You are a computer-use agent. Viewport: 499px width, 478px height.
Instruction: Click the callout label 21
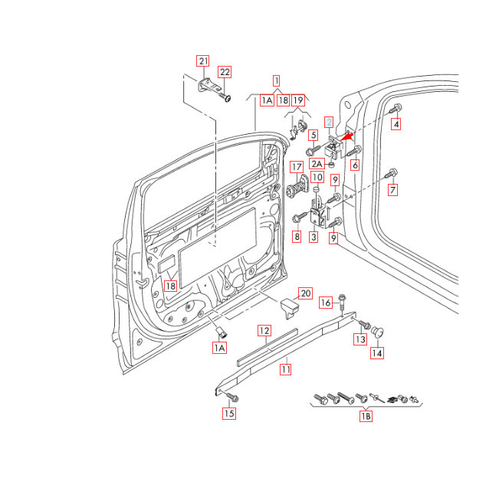coord(202,61)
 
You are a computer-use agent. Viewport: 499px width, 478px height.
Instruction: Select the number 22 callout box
coord(224,72)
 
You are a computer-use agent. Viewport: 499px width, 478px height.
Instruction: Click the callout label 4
coord(396,124)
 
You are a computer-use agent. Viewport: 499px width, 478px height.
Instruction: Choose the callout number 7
coord(393,191)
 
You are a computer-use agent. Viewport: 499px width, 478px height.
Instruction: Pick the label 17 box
coord(296,167)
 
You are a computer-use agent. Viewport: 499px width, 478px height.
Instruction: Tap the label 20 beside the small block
coord(305,293)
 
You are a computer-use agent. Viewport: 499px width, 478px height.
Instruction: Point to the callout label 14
coord(376,353)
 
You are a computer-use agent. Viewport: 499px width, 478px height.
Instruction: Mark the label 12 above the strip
coord(264,331)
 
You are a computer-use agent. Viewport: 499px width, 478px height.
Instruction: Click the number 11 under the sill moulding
coord(285,369)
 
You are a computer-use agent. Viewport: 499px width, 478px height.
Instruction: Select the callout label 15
coord(229,414)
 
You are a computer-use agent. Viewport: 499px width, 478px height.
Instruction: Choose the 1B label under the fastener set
coord(366,417)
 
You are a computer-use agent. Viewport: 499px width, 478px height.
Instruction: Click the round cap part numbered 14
coord(378,332)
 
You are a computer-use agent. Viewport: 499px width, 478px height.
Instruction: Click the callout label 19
coord(298,100)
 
